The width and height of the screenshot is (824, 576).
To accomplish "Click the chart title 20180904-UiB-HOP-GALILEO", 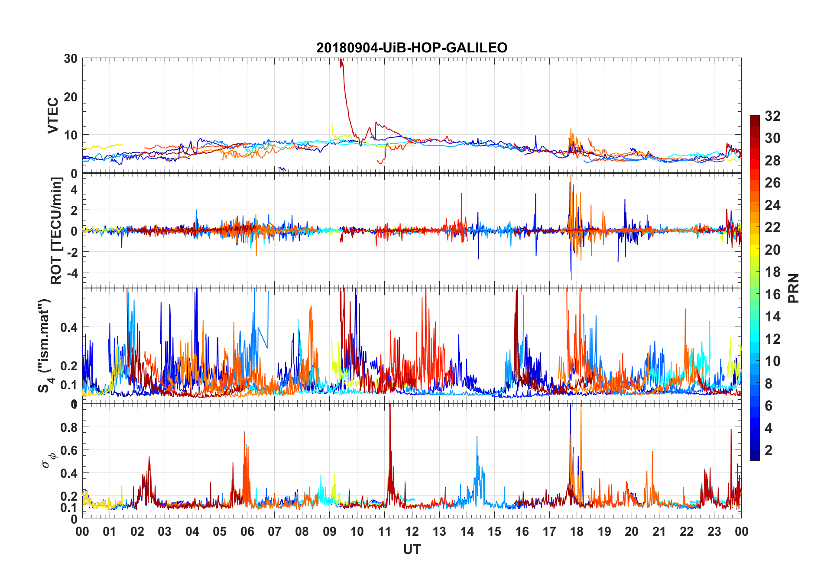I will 412,48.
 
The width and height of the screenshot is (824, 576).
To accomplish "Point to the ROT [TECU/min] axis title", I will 56,230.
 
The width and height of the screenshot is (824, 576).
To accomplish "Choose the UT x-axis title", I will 412,550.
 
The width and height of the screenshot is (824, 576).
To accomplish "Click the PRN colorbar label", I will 793,288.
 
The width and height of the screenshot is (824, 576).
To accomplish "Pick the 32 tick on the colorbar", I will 772,116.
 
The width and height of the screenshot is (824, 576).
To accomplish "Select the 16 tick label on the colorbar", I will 772,294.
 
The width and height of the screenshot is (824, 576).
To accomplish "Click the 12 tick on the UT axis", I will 412,531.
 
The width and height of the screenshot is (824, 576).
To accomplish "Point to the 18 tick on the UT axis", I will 577,531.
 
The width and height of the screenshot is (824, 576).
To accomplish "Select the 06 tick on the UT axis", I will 247,531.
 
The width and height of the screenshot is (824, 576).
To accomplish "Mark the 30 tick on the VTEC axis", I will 71,59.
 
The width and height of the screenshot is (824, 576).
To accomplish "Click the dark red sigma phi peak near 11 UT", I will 389,407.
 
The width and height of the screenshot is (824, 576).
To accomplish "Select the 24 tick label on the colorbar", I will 772,205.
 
